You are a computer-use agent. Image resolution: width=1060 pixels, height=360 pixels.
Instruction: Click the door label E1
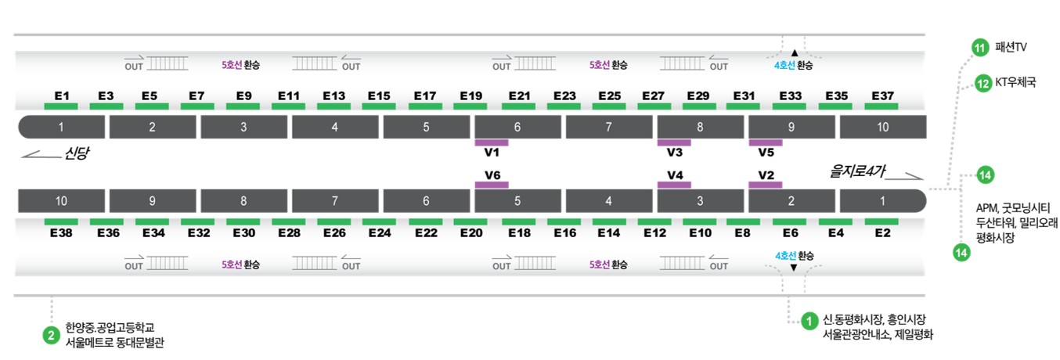(62, 96)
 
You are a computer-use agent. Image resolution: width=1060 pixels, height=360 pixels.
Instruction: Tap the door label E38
(62, 232)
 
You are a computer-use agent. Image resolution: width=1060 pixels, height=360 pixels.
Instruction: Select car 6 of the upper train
(517, 127)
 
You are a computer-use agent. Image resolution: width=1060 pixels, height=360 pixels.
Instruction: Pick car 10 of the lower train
(62, 201)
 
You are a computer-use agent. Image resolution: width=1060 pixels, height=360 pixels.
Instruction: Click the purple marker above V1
(492, 142)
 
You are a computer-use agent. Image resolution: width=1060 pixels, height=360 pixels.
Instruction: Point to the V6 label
(492, 175)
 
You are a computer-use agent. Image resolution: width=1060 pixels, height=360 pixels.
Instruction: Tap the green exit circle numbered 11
(980, 48)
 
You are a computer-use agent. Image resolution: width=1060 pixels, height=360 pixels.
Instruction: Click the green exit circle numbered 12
(983, 84)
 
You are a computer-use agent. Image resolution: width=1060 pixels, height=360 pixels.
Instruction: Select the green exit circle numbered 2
(51, 336)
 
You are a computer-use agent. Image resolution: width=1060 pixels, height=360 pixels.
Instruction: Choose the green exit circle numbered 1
(809, 322)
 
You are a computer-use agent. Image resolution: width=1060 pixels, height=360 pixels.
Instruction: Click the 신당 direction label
(77, 153)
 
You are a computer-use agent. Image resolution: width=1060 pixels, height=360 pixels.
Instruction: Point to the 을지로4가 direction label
(857, 171)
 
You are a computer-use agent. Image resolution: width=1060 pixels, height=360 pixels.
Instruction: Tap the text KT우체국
(1015, 82)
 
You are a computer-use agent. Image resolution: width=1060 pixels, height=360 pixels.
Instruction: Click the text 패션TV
(1011, 47)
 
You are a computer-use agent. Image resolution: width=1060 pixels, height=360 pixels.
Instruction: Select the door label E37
(882, 96)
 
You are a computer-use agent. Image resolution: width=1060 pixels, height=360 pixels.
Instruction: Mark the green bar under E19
(471, 106)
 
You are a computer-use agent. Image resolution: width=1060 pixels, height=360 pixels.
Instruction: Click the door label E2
(882, 232)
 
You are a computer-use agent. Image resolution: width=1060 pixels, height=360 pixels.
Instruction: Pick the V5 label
(766, 153)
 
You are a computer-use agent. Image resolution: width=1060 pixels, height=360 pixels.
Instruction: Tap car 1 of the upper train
(62, 127)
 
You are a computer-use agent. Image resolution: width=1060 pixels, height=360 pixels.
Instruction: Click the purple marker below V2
(766, 185)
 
